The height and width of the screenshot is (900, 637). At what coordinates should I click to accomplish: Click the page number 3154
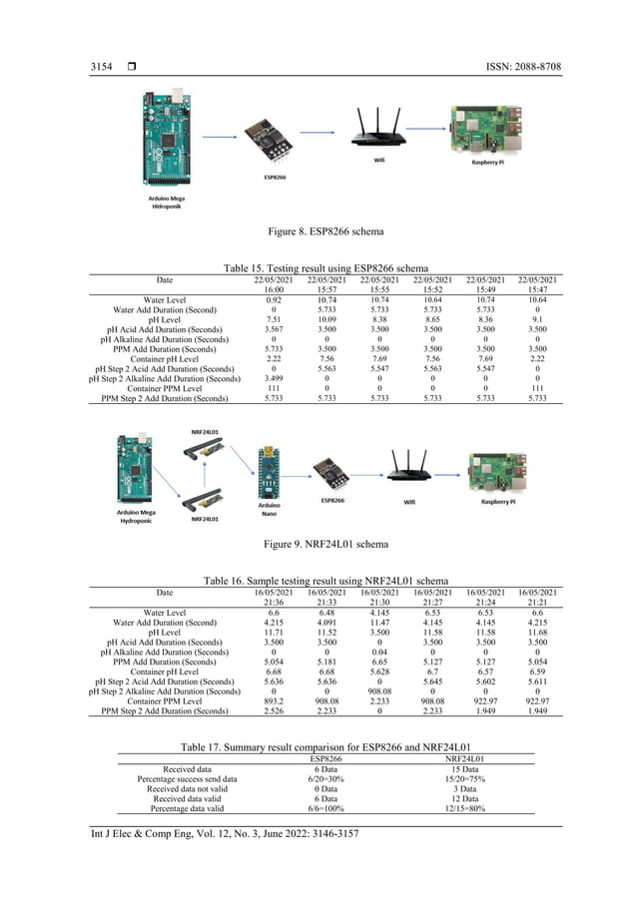click(x=102, y=67)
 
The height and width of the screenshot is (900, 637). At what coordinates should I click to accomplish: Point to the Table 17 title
click(x=325, y=746)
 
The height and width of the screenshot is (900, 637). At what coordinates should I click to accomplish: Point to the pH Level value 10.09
click(x=325, y=319)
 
